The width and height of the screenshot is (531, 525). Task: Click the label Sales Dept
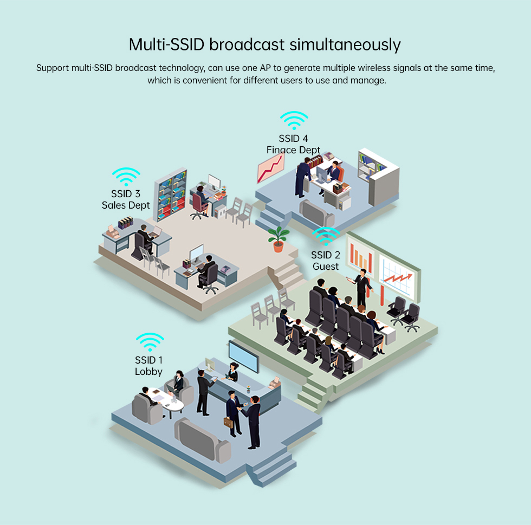coord(126,205)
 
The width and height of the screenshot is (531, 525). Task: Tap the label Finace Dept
coord(293,150)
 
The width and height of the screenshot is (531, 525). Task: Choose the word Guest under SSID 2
coord(326,267)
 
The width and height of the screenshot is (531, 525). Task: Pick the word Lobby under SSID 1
coord(148,372)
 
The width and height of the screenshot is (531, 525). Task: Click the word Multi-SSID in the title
coord(167,44)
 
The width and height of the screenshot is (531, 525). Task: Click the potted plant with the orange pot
coord(279,239)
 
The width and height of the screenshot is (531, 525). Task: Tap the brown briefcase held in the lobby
coord(229,423)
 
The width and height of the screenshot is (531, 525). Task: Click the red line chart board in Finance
coord(270,168)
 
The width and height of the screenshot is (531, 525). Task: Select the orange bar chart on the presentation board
coord(360,258)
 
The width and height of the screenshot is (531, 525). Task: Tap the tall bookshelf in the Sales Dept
coord(171,195)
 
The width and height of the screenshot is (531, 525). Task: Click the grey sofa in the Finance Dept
coord(316,212)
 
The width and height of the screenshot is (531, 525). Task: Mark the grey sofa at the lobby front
coord(203,440)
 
